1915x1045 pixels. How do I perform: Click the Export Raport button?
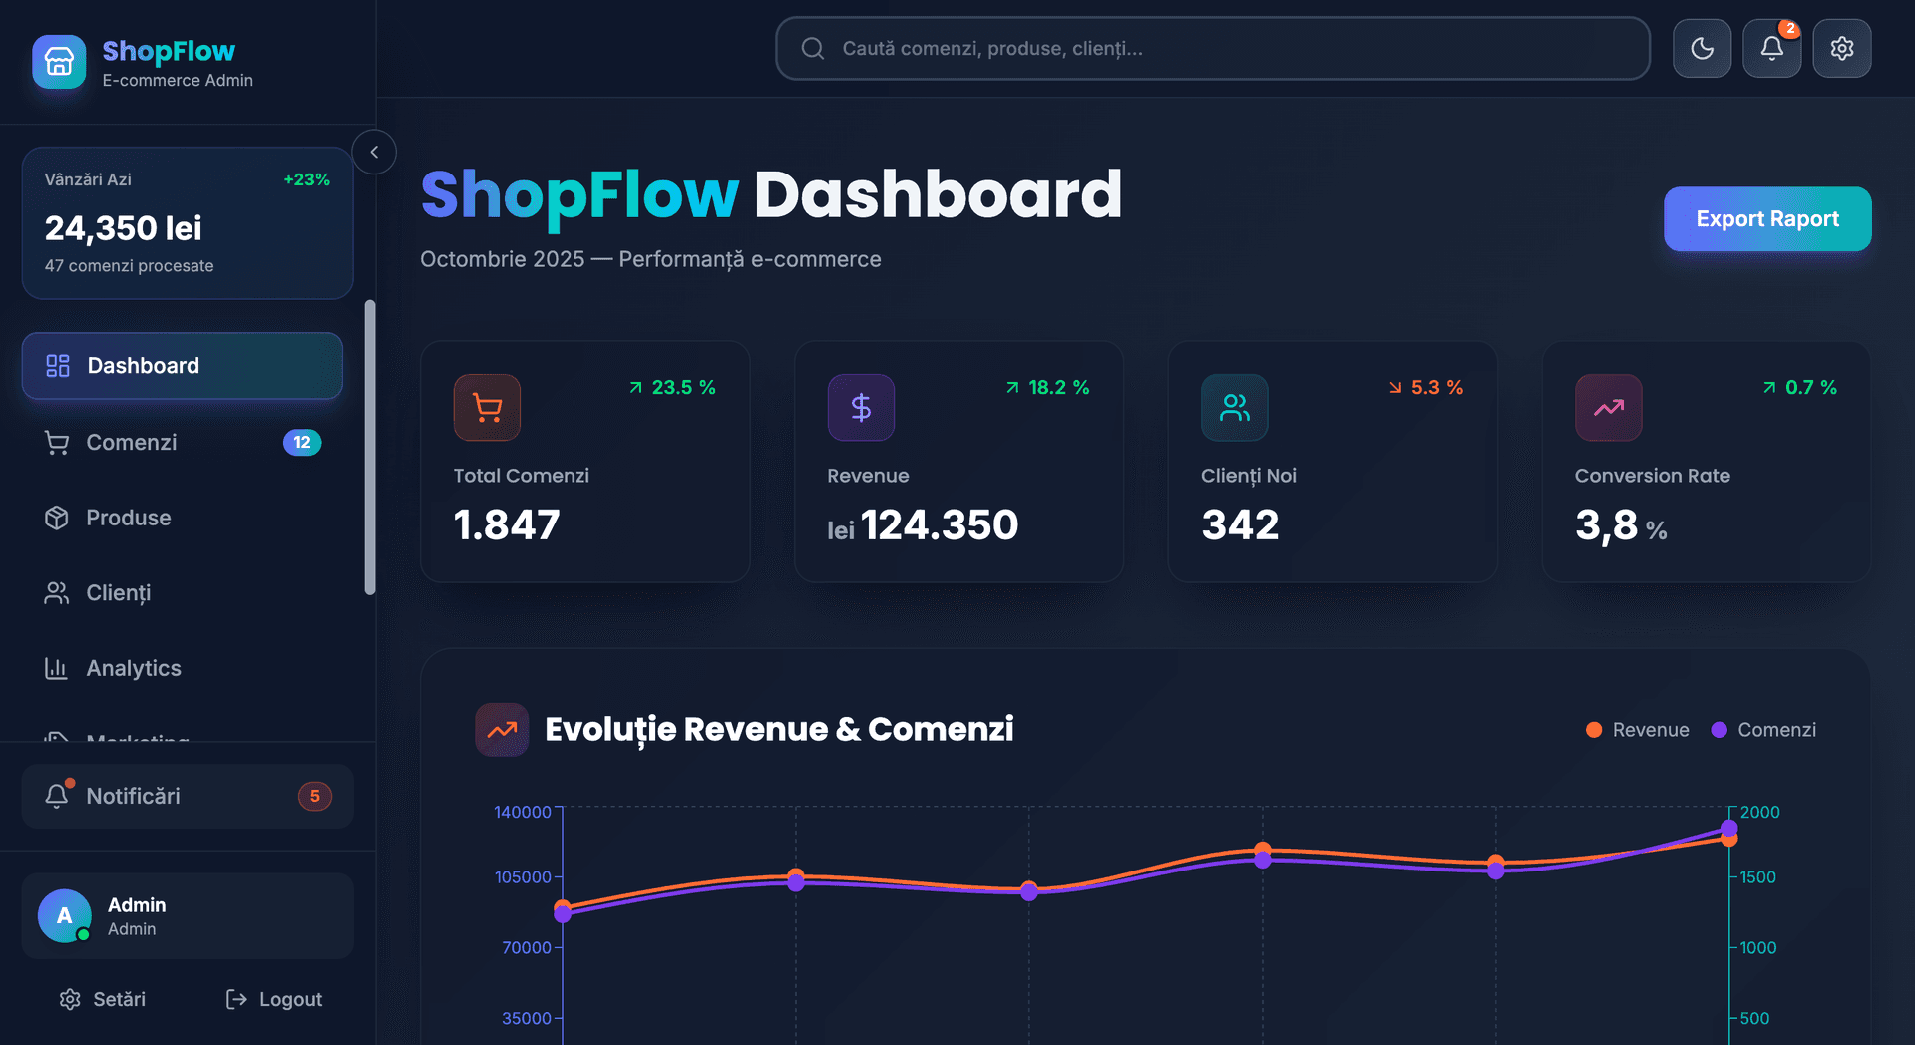[x=1766, y=219]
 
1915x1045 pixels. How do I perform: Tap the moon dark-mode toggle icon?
[x=1702, y=48]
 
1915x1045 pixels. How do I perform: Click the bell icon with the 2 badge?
[x=1771, y=48]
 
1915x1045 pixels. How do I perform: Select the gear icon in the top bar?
[x=1841, y=48]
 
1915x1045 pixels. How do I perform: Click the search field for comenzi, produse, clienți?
[x=1212, y=48]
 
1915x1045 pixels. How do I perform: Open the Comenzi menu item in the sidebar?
[x=132, y=442]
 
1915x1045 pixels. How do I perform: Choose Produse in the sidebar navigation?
[x=128, y=518]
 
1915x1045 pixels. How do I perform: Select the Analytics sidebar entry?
[x=133, y=668]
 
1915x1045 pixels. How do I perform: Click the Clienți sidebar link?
[x=118, y=593]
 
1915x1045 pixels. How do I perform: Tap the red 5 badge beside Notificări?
[x=314, y=796]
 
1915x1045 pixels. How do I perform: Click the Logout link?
[x=274, y=999]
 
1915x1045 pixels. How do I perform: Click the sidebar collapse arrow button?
[x=374, y=152]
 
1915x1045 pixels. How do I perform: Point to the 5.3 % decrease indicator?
[x=1426, y=387]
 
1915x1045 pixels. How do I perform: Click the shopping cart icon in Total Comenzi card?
[x=487, y=407]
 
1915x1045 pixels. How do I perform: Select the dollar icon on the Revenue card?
[x=861, y=407]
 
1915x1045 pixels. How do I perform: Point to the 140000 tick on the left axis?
[x=522, y=812]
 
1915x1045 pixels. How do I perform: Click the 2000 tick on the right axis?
[x=1759, y=812]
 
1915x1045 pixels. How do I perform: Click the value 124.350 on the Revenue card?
[x=939, y=525]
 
